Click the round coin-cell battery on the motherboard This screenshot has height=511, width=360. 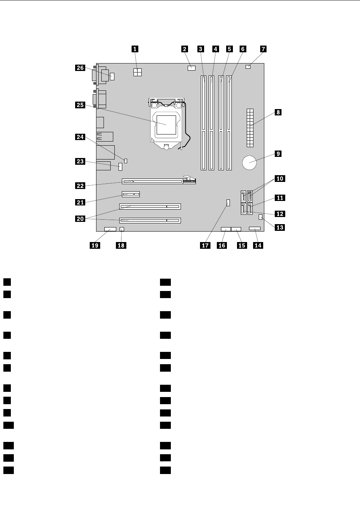[249, 162]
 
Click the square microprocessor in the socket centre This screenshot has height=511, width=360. [166, 125]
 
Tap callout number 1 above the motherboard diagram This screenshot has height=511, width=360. [135, 49]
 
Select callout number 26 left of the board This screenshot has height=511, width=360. [80, 68]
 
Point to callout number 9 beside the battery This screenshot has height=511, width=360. [277, 154]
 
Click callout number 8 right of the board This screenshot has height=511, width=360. [277, 112]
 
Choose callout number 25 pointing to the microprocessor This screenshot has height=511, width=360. [80, 105]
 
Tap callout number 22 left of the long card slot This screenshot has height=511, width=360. [80, 185]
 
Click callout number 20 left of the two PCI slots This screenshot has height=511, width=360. [80, 219]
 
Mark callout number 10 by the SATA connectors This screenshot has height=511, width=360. [280, 179]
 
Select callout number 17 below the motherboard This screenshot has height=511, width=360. [205, 245]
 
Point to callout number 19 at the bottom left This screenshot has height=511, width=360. [95, 245]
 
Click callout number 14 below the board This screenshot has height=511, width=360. [258, 245]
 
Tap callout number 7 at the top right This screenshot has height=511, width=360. [263, 49]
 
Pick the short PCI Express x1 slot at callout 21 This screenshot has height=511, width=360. [130, 194]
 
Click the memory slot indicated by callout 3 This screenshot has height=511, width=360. [204, 123]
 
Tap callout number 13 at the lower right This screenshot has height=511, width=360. [280, 227]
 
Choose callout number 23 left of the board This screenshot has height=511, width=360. [80, 161]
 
